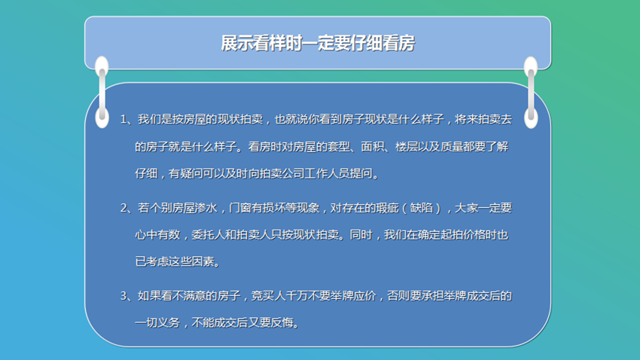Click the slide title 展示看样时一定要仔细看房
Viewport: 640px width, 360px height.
click(318, 43)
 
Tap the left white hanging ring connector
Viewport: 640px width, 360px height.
click(102, 92)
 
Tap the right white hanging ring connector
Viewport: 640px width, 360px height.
click(531, 93)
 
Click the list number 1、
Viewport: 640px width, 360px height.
click(126, 119)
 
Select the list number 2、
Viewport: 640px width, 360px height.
click(126, 208)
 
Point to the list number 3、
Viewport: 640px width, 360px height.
click(126, 296)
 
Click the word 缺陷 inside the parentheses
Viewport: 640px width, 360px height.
click(421, 208)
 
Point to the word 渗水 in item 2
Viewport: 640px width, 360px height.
click(206, 208)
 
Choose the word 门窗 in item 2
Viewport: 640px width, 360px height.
click(240, 208)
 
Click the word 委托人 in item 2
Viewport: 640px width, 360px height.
click(208, 235)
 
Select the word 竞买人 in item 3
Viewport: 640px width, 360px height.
click(268, 296)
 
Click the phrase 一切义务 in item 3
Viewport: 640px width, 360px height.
click(157, 322)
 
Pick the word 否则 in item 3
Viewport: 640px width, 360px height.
click(398, 296)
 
